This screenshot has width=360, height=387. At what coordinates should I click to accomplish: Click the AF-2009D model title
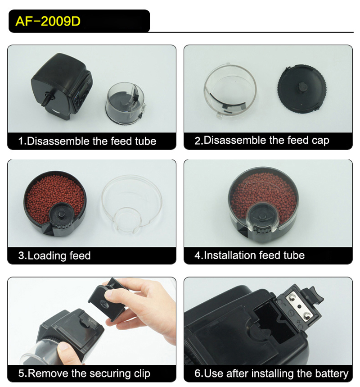tap(48, 22)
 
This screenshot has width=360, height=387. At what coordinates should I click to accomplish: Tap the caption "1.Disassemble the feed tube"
tap(87, 141)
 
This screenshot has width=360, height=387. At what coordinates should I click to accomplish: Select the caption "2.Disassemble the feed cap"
tap(261, 141)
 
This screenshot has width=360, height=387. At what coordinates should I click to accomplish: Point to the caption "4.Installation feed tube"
tap(249, 255)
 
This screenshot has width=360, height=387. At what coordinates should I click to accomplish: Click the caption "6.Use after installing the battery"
tap(271, 373)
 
